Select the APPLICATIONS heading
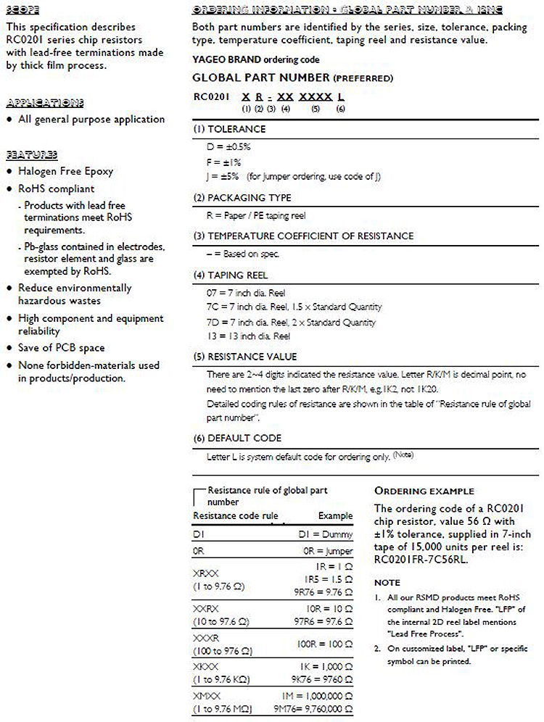pos(44,102)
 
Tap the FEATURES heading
pos(32,154)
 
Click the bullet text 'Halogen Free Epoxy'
pos(65,171)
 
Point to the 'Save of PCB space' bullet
pos(61,348)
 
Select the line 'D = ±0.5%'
pos(228,146)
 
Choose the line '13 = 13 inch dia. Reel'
pos(249,336)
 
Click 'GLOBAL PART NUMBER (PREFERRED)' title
pos(293,78)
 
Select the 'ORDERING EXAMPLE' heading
pos(424,491)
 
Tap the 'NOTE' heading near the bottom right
pos(387,582)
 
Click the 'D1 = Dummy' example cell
pos(326,534)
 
